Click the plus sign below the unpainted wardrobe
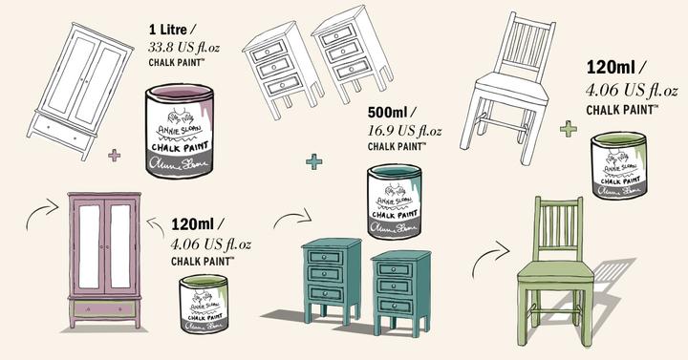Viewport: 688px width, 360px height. click(116, 155)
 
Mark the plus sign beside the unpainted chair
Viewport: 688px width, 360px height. click(568, 128)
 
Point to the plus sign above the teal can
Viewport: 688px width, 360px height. click(313, 162)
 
